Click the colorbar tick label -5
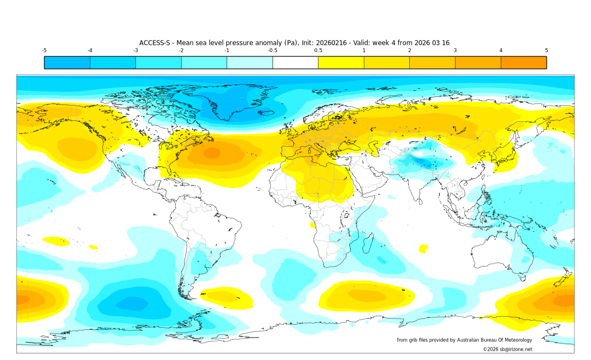44,50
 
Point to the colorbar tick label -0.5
272,50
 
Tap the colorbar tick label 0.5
318,50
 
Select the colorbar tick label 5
546,50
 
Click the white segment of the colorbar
295,62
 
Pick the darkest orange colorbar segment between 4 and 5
523,62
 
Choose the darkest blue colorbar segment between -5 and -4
67,62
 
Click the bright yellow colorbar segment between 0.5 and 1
341,62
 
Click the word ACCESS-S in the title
155,43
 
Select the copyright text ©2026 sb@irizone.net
507,349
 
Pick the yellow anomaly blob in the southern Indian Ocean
364,295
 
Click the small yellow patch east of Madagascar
423,249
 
